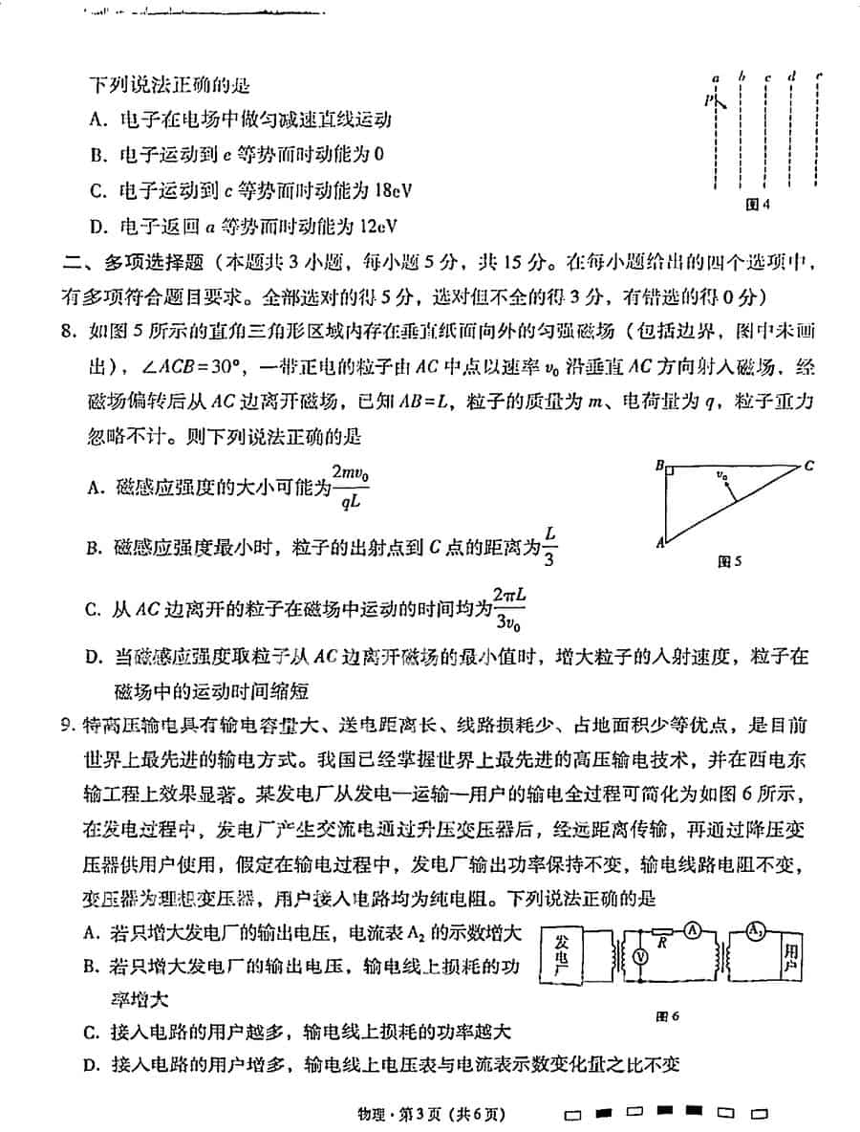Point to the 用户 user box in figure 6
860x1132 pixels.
pyautogui.click(x=789, y=957)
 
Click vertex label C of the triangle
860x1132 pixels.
pyautogui.click(x=808, y=467)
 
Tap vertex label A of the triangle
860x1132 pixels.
pyautogui.click(x=659, y=542)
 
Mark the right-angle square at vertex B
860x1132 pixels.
pyautogui.click(x=672, y=470)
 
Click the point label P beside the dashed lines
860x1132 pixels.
pyautogui.click(x=709, y=98)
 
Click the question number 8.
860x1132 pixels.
pyautogui.click(x=66, y=332)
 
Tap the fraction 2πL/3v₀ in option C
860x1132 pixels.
pyautogui.click(x=509, y=608)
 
